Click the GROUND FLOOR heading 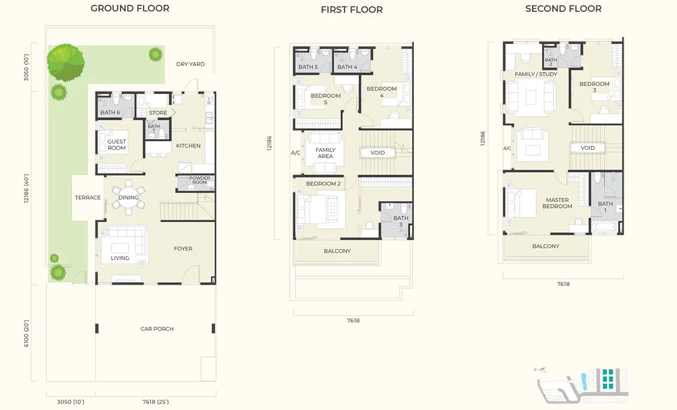point(130,8)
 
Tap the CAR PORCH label point(157,329)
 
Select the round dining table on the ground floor point(129,197)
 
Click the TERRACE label point(88,197)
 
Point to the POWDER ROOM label point(200,180)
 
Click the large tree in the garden point(65,62)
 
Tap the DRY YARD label point(191,64)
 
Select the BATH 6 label point(110,112)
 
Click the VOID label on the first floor point(378,153)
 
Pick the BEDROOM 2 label point(324,184)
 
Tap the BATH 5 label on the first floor point(308,67)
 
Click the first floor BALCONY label point(337,251)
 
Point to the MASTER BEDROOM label point(558,203)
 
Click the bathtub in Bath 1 point(605,227)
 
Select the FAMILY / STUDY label point(536,74)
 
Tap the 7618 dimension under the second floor point(563,284)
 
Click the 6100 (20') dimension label point(26,333)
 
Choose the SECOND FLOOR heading point(564,9)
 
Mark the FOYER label point(183,248)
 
